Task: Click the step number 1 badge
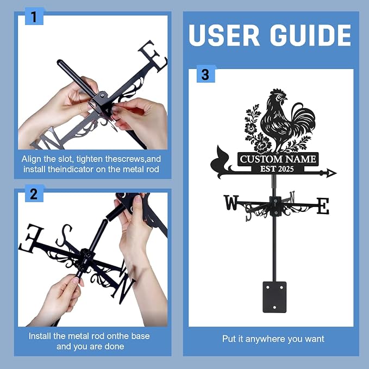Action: [x=34, y=16]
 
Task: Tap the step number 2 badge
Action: [x=34, y=193]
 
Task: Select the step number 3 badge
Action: [x=205, y=74]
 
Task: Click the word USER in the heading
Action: [x=224, y=35]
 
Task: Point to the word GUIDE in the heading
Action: [x=310, y=35]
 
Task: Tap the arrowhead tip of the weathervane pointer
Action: [x=336, y=173]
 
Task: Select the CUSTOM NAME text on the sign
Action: [x=278, y=159]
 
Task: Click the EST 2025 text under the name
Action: [x=277, y=168]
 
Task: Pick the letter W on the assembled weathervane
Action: [x=231, y=202]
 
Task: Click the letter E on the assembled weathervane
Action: [x=323, y=206]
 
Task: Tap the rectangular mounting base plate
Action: [x=274, y=297]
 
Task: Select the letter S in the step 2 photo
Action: [x=64, y=235]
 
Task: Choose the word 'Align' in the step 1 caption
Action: [x=30, y=159]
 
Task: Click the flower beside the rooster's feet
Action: [x=261, y=144]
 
